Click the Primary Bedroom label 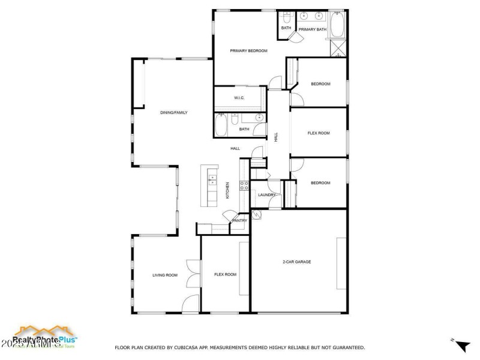[x=248, y=51]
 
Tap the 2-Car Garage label [x=296, y=262]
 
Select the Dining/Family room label [x=173, y=112]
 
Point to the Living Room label [x=164, y=275]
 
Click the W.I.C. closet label [x=238, y=98]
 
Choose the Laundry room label [x=266, y=195]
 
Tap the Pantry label [x=240, y=221]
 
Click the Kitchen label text [x=227, y=190]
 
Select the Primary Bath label [x=312, y=29]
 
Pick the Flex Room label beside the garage [x=225, y=275]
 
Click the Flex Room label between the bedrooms [x=319, y=133]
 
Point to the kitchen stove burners [x=244, y=186]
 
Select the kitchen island [x=212, y=185]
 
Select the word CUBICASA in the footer [x=186, y=347]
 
